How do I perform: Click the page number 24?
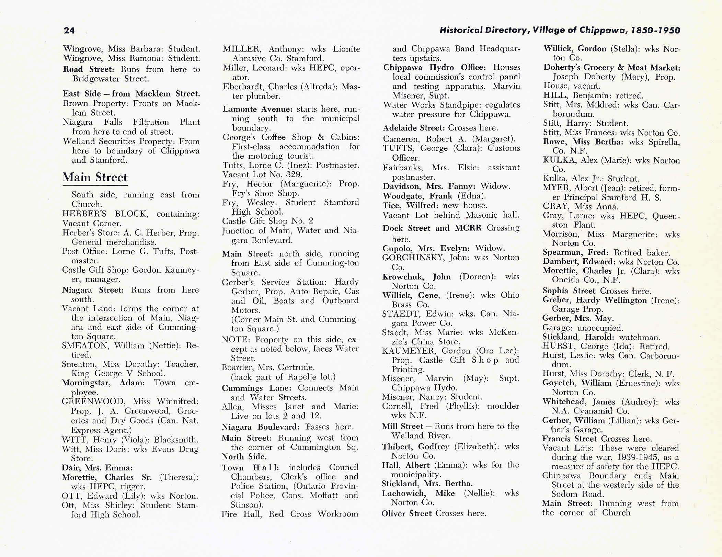pyautogui.click(x=69, y=30)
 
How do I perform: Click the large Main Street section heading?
pyautogui.click(x=95, y=177)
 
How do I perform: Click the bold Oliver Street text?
pyautogui.click(x=406, y=513)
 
